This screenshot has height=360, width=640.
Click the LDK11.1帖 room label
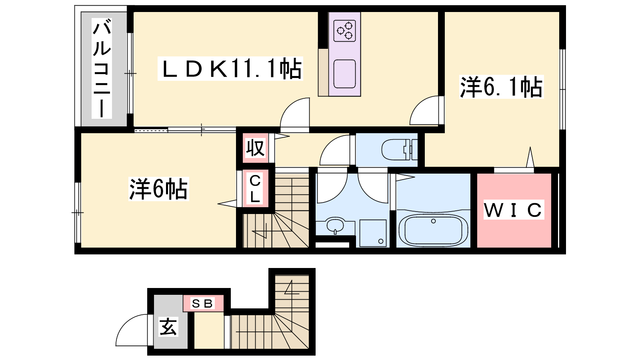point(230,69)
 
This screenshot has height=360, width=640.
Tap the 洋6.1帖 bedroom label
point(502,87)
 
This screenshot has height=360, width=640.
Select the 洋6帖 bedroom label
point(158,189)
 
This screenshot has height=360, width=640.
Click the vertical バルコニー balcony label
point(102,68)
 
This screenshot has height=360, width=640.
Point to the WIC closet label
point(514,210)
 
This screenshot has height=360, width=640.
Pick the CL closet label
point(255,188)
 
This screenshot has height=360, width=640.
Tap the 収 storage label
point(255,148)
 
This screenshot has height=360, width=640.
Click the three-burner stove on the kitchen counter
point(344,30)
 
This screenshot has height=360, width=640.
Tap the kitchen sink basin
point(344,74)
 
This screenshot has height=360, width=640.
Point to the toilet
point(400,150)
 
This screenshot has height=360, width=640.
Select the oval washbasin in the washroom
point(335,225)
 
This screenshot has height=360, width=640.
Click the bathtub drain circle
point(434,221)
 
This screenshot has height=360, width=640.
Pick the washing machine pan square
point(373,233)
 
